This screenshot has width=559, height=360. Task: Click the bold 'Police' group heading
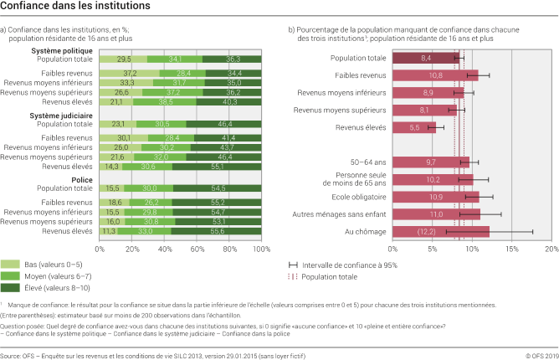[x=80, y=179]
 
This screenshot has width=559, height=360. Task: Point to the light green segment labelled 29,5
[x=123, y=59]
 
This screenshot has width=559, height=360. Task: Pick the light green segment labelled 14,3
[x=111, y=167]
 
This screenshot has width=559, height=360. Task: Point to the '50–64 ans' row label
[x=367, y=162]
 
